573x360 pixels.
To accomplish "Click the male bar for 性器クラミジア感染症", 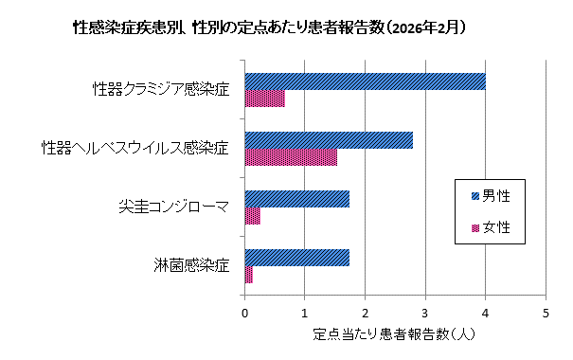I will click(365, 81).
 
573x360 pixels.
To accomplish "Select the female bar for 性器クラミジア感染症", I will click(264, 99).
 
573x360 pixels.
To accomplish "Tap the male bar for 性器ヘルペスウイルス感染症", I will click(329, 140).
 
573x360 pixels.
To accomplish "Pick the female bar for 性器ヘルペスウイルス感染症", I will click(291, 157).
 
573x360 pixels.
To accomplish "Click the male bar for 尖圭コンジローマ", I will click(297, 199).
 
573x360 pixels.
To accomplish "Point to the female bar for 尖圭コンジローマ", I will click(253, 216).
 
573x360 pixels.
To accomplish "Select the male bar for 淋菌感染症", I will click(297, 258).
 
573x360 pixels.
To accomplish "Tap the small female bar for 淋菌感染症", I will click(249, 275).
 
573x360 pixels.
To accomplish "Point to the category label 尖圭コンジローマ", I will click(173, 207).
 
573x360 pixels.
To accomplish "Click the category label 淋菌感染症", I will click(191, 266).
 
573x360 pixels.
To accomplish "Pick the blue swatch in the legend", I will click(475, 196).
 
